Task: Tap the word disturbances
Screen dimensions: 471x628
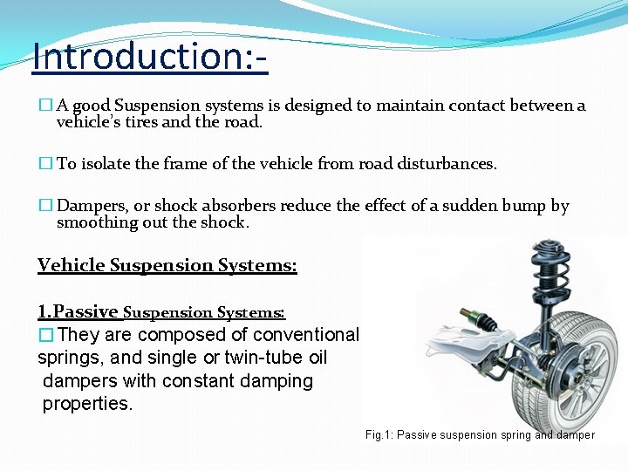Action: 446,163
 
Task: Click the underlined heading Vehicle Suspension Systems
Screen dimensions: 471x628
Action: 167,265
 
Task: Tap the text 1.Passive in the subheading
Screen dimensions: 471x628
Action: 78,311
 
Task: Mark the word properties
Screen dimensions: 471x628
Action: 87,404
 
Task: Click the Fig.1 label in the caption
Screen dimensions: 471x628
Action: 380,434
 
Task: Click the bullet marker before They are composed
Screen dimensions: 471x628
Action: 46,335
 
